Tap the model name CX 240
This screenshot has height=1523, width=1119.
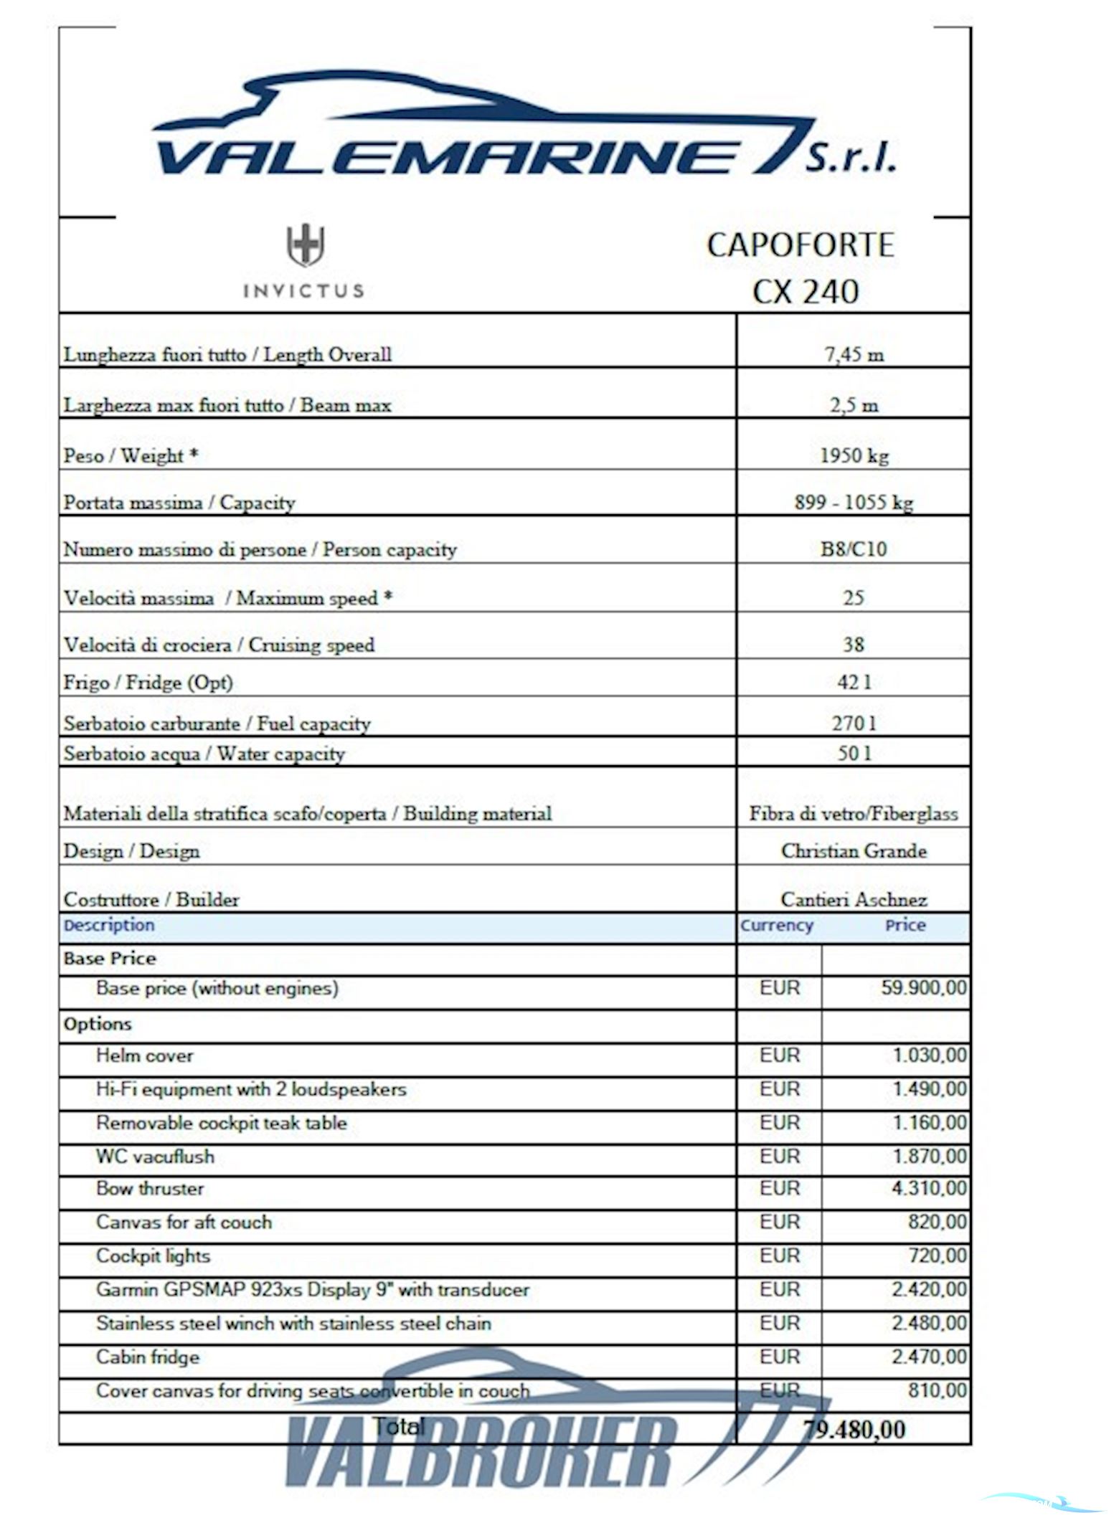805,292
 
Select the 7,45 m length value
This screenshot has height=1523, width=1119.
854,354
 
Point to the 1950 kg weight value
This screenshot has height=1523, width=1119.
854,455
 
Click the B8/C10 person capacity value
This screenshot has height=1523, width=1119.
854,549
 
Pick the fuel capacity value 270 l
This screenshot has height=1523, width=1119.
854,723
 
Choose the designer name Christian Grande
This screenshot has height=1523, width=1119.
854,851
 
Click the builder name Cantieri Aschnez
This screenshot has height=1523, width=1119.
854,899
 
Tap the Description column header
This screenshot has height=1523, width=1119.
109,925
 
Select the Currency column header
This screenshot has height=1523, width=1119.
777,926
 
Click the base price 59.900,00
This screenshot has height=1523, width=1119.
923,988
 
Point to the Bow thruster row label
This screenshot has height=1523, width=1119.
150,1189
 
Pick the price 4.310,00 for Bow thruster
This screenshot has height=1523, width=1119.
929,1189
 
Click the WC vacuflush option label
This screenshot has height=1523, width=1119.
155,1157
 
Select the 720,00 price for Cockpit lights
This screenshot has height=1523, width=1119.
938,1256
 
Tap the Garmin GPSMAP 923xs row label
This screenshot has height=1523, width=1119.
313,1290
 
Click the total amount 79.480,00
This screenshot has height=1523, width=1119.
854,1429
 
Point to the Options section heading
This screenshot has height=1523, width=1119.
98,1024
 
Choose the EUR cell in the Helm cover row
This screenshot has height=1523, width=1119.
779,1055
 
